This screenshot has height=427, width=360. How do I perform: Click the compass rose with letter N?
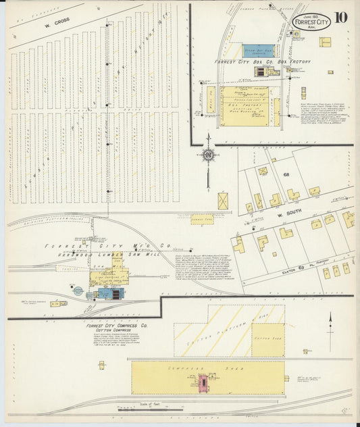click(x=209, y=155)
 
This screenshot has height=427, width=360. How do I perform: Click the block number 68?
click(x=286, y=175)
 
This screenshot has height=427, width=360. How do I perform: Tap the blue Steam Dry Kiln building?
click(x=257, y=50)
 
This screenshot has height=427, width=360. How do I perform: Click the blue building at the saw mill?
click(x=107, y=293)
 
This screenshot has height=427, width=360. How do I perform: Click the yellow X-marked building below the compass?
click(x=223, y=201)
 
